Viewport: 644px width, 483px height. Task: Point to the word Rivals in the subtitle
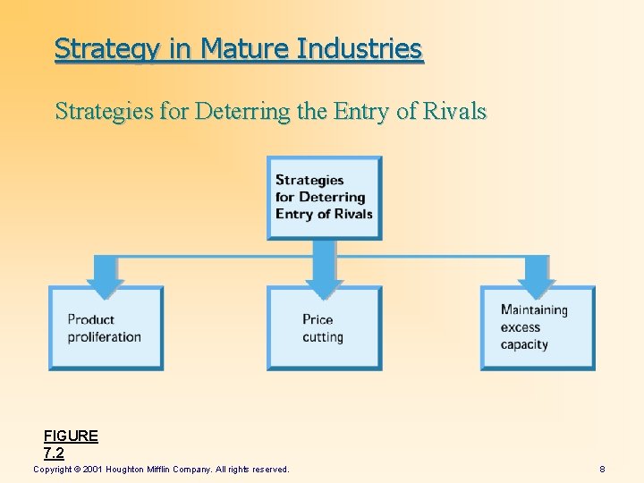tap(453, 112)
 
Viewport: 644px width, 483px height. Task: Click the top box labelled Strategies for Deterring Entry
tap(324, 198)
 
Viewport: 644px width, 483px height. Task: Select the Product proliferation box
tap(106, 328)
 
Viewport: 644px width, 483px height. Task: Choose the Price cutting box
tap(324, 328)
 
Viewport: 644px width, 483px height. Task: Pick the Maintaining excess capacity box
tap(538, 327)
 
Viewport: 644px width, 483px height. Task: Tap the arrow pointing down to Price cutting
tap(324, 268)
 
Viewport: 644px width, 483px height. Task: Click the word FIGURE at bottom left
tap(71, 436)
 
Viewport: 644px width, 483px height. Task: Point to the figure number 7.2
tap(54, 453)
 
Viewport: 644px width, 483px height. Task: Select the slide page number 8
tap(603, 470)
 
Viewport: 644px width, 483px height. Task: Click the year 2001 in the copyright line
tap(94, 470)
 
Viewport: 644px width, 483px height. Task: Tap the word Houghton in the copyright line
tap(131, 470)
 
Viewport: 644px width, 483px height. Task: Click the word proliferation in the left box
tap(105, 337)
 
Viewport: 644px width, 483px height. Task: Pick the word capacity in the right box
tap(524, 344)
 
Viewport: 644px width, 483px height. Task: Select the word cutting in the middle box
tap(323, 337)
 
